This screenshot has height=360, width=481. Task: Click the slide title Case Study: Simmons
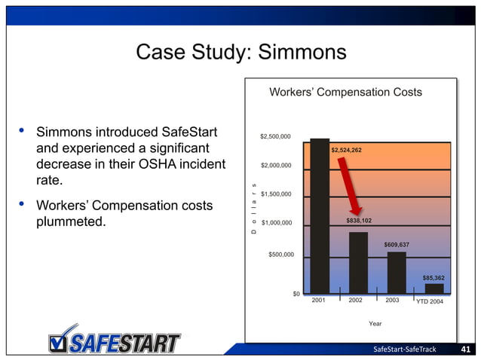[x=240, y=52]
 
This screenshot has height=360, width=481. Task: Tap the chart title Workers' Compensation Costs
[x=346, y=93]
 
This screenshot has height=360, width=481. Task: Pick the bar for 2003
[x=397, y=272]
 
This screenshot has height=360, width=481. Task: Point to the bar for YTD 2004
[x=434, y=288]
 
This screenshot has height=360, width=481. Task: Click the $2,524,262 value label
[x=346, y=150]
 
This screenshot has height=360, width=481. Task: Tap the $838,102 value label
[x=359, y=221]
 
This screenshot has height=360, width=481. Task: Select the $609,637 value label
[x=397, y=245]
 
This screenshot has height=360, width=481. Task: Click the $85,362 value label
[x=434, y=278]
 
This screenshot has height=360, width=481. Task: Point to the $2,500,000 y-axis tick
[x=275, y=136]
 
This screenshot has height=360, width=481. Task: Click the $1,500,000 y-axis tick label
[x=275, y=194]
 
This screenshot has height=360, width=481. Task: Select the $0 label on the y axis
[x=296, y=294]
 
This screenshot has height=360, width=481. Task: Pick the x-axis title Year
[x=375, y=323]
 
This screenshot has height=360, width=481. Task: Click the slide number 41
[x=465, y=349]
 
